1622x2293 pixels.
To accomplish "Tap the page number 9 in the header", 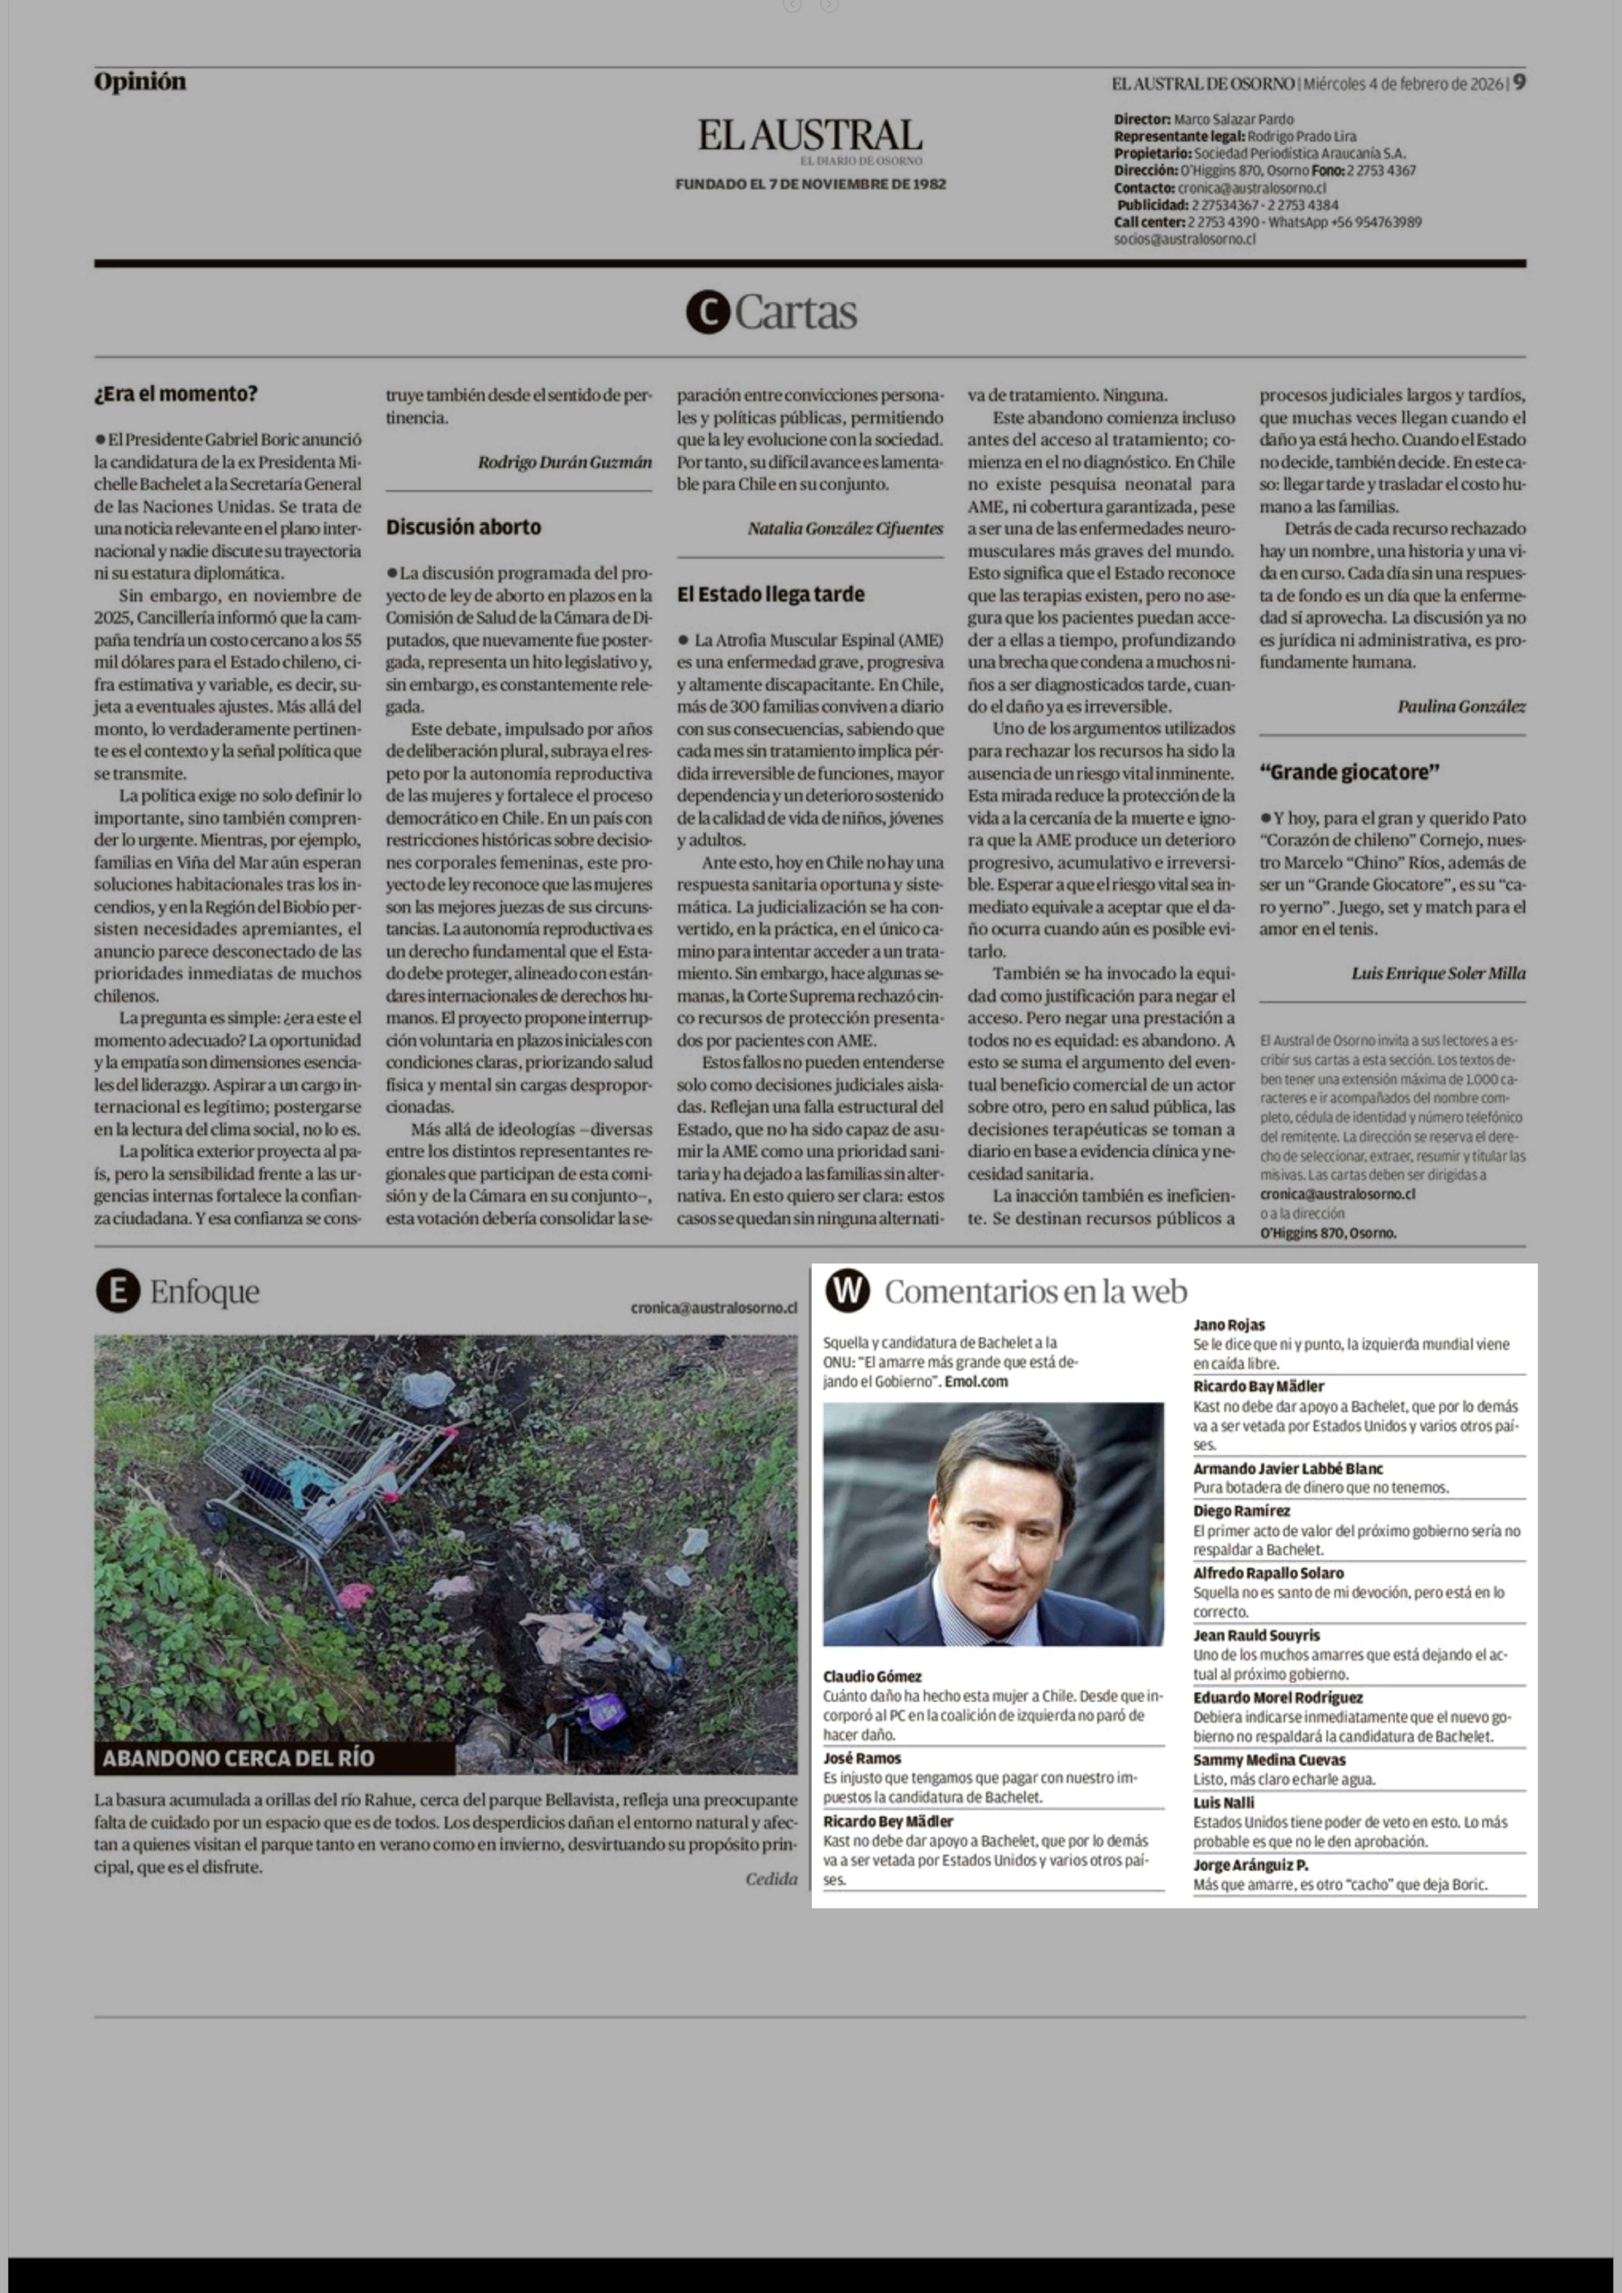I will (x=1518, y=83).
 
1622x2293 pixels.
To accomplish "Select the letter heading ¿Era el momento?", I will (x=176, y=394).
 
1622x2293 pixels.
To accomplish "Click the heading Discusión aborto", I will (x=464, y=526).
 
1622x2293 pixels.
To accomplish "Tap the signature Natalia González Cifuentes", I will (x=845, y=528).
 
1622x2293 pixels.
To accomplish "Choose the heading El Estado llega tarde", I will (x=770, y=594).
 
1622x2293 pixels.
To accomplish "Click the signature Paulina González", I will (x=1461, y=706).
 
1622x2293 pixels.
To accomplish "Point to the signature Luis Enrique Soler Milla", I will (x=1438, y=973).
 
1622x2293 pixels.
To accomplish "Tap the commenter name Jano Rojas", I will (x=1228, y=1325).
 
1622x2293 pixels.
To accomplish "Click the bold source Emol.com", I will (x=976, y=1382).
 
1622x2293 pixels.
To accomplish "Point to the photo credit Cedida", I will (x=771, y=1880).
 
